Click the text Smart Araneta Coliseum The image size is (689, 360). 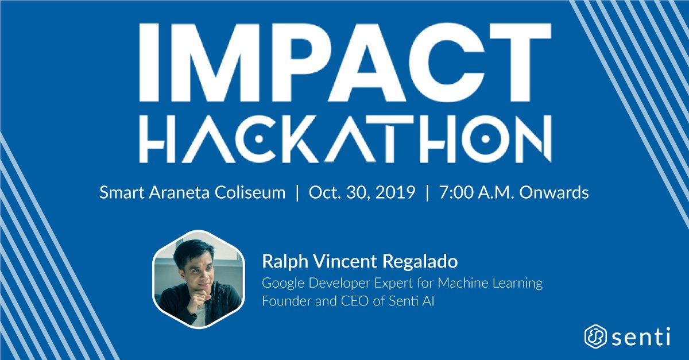click(x=192, y=193)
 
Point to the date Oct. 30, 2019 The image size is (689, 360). click(x=362, y=193)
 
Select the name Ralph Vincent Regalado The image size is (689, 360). click(x=359, y=262)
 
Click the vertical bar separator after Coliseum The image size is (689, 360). click(x=297, y=193)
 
